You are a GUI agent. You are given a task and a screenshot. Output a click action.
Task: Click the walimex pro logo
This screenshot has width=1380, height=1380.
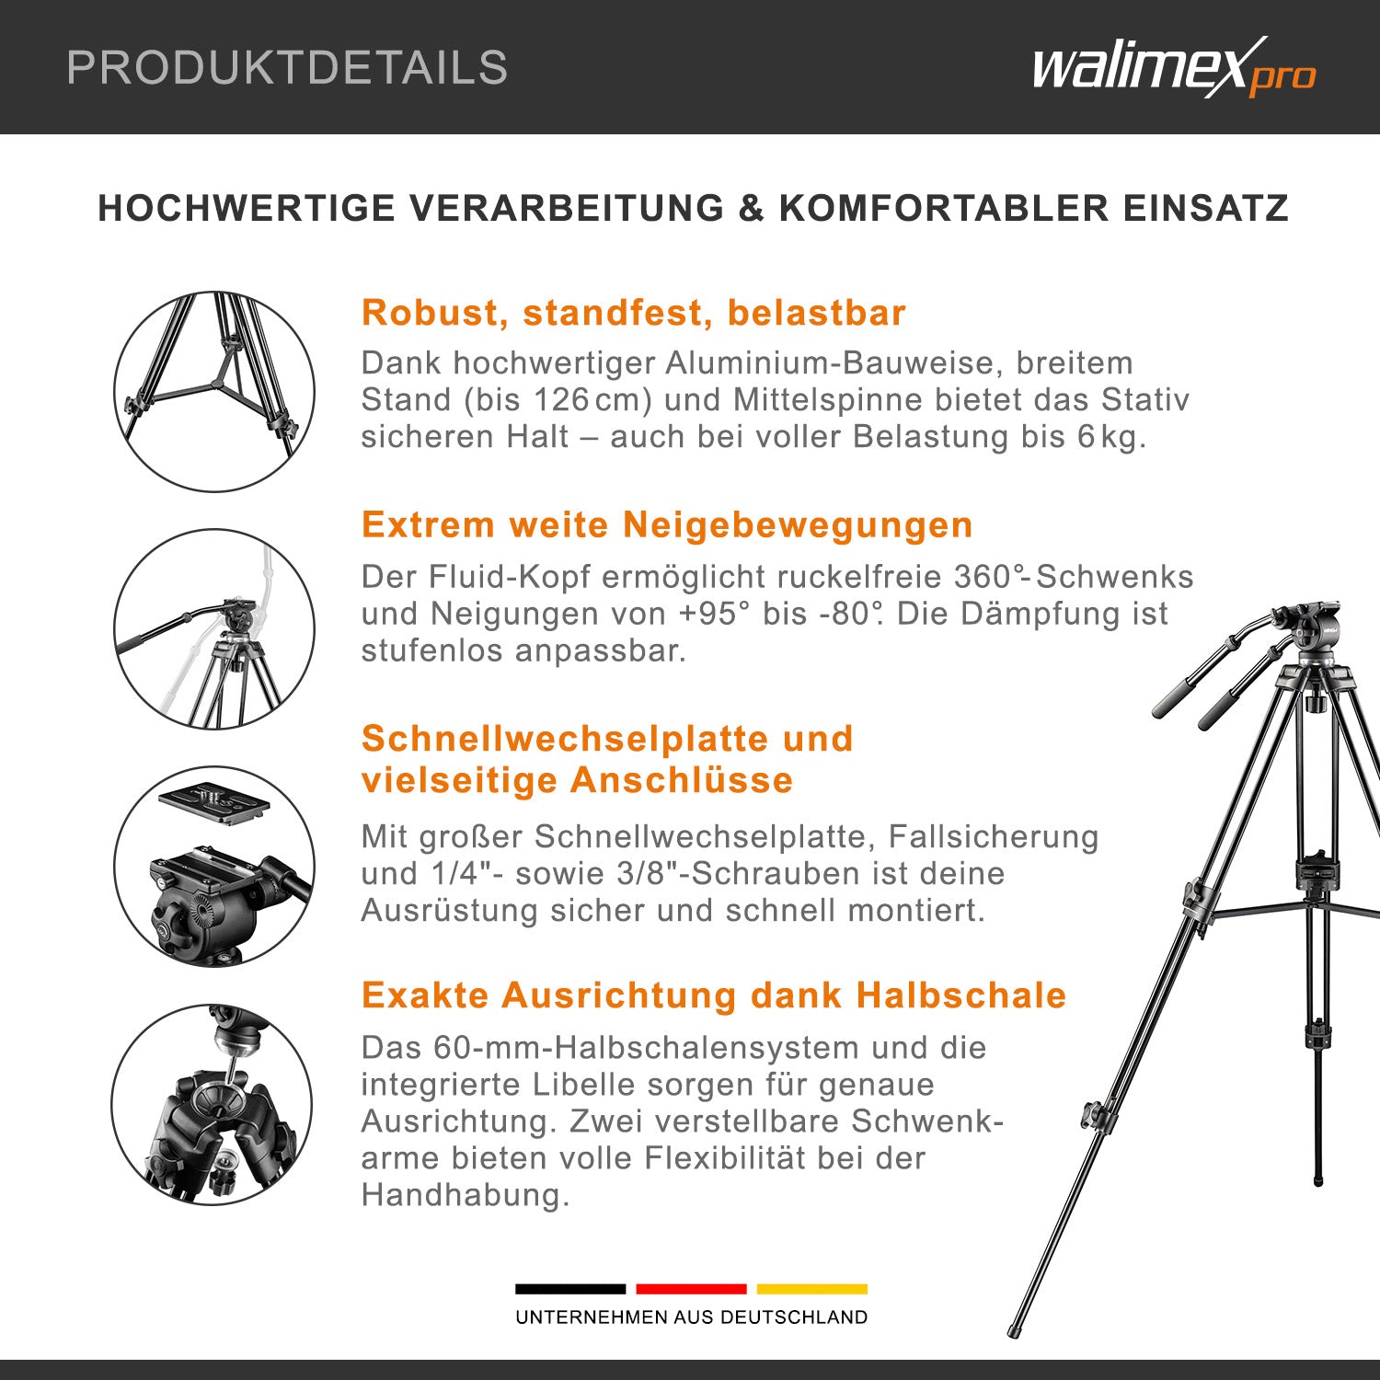(1173, 68)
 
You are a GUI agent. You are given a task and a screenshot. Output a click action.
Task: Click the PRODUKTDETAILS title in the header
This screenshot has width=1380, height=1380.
(287, 68)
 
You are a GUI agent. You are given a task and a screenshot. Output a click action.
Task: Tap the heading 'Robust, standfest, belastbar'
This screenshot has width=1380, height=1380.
(633, 313)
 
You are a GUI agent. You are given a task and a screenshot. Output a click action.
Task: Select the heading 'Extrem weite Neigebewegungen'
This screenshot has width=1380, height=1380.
(667, 525)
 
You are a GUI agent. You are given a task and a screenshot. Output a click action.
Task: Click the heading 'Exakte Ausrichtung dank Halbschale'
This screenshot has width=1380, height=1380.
(713, 995)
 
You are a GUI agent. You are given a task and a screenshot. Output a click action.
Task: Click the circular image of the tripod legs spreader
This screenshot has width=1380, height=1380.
(214, 392)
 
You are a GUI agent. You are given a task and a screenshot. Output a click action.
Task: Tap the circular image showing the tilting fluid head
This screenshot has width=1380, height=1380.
(214, 629)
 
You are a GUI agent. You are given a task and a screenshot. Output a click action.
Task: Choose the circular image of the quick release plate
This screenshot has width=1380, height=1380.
(214, 866)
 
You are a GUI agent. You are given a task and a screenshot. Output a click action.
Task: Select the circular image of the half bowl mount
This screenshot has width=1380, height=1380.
(213, 1104)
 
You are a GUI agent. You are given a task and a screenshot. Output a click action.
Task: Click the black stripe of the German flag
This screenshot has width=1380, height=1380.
(569, 1289)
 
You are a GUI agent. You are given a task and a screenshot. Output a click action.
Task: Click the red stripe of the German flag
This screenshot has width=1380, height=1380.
(691, 1289)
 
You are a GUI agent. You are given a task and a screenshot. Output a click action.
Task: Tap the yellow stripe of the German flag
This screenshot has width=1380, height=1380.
(811, 1289)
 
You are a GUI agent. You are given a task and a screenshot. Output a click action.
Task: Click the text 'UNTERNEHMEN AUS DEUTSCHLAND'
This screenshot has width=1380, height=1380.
(691, 1317)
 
